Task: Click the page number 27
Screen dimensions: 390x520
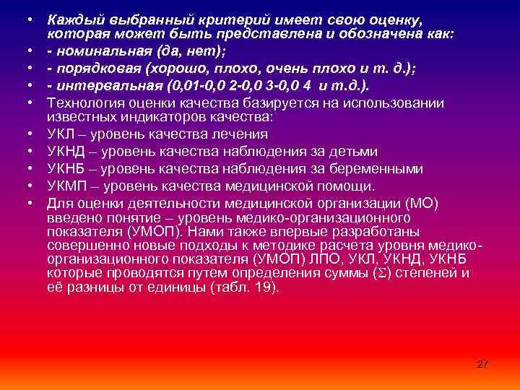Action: coord(483,364)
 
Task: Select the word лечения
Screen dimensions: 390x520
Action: coord(243,134)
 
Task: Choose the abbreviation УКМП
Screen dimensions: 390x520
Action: coord(66,186)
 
